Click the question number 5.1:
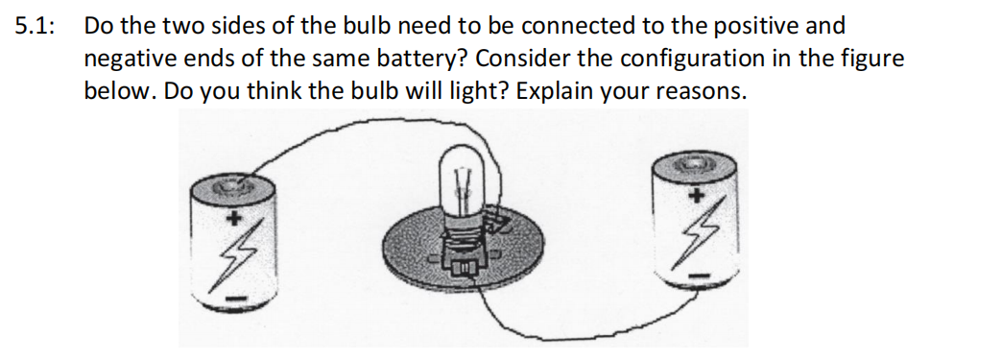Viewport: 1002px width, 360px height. (35, 27)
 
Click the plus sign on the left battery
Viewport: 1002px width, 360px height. (231, 217)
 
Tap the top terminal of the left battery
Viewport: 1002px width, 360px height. (231, 181)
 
